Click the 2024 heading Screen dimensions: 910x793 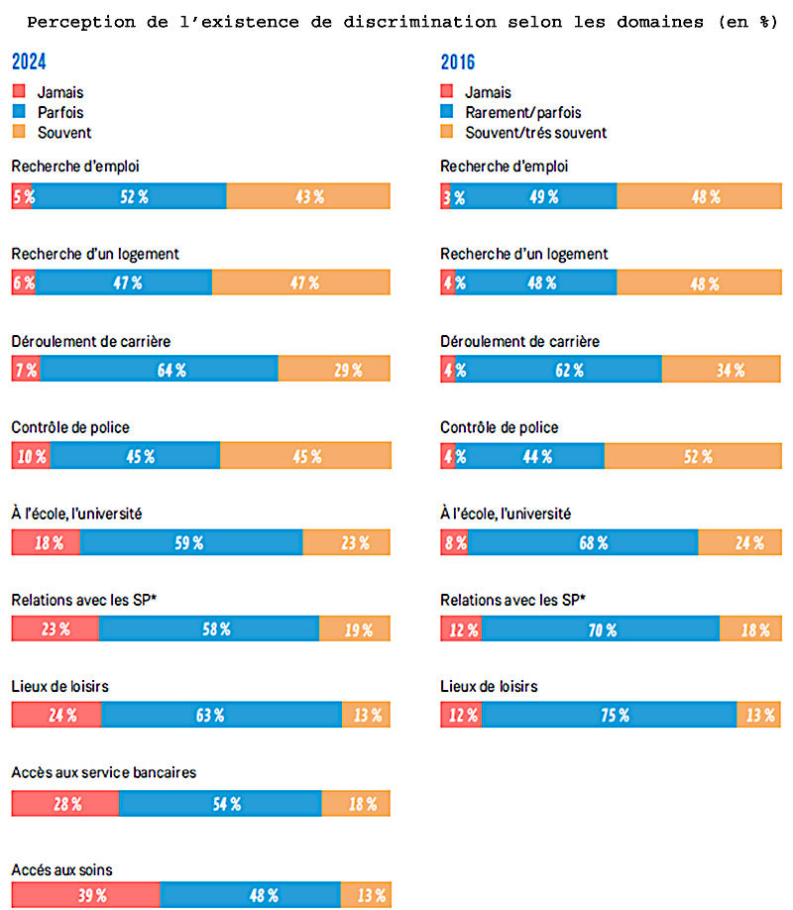pyautogui.click(x=29, y=62)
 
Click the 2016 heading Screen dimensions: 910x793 pyautogui.click(x=458, y=62)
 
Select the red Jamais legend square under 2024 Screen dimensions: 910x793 pyautogui.click(x=19, y=93)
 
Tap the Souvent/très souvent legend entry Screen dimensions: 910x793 pyautogui.click(x=535, y=132)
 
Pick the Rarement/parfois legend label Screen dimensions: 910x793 pyautogui.click(x=522, y=113)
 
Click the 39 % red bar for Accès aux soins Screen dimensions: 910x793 pyautogui.click(x=85, y=895)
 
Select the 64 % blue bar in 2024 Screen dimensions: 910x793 pyautogui.click(x=159, y=370)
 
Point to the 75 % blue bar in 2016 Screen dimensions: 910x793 pyautogui.click(x=609, y=715)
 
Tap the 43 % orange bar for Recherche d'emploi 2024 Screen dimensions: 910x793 pyautogui.click(x=308, y=196)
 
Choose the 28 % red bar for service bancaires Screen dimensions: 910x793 pyautogui.click(x=65, y=804)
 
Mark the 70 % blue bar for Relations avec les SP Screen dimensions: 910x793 pyautogui.click(x=600, y=628)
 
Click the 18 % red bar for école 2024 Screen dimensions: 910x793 pyautogui.click(x=47, y=542)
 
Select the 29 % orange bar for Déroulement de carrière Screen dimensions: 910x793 pyautogui.click(x=334, y=370)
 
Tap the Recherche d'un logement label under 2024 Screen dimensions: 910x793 pyautogui.click(x=95, y=254)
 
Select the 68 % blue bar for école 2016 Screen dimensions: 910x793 pyautogui.click(x=583, y=542)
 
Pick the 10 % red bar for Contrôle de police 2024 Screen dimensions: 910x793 pyautogui.click(x=31, y=456)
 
